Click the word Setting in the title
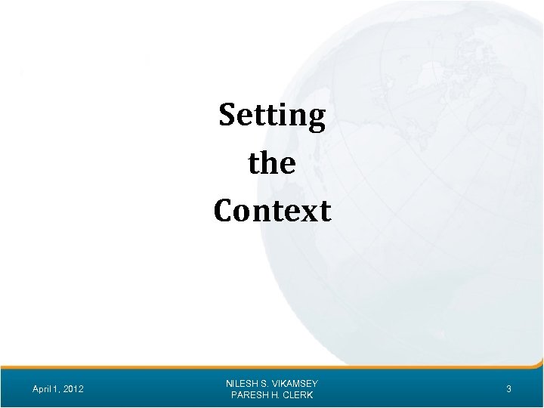272,116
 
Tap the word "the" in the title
272,163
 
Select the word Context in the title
272,210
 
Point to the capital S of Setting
227,116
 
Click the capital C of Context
224,210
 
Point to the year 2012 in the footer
73,389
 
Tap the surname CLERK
298,395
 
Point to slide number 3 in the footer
508,389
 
